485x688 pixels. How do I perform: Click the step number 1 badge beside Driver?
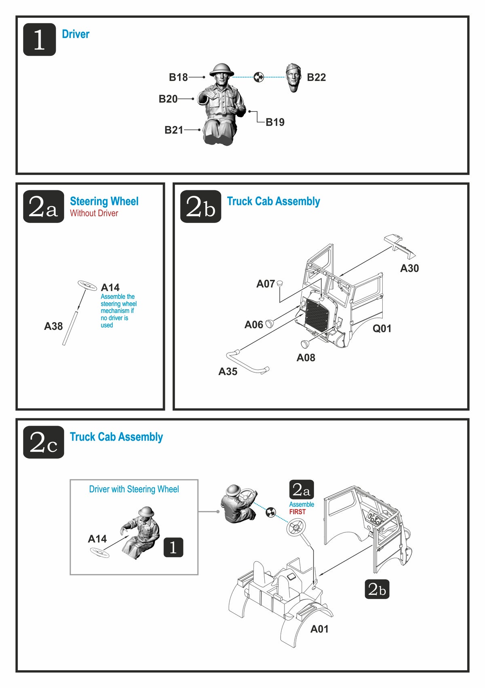39,40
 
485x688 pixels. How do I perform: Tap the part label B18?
178,77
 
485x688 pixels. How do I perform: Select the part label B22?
316,77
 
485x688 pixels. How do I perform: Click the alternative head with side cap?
293,77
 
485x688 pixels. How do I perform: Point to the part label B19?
275,122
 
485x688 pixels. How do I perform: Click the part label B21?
174,130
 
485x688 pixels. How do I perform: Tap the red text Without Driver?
94,213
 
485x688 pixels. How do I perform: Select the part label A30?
409,268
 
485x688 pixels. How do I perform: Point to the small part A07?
279,284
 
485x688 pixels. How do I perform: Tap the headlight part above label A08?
305,344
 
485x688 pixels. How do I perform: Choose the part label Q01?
382,329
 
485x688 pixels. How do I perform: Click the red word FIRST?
297,512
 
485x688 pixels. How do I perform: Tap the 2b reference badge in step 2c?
377,589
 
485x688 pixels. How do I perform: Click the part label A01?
319,629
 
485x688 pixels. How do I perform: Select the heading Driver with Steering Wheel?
134,489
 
